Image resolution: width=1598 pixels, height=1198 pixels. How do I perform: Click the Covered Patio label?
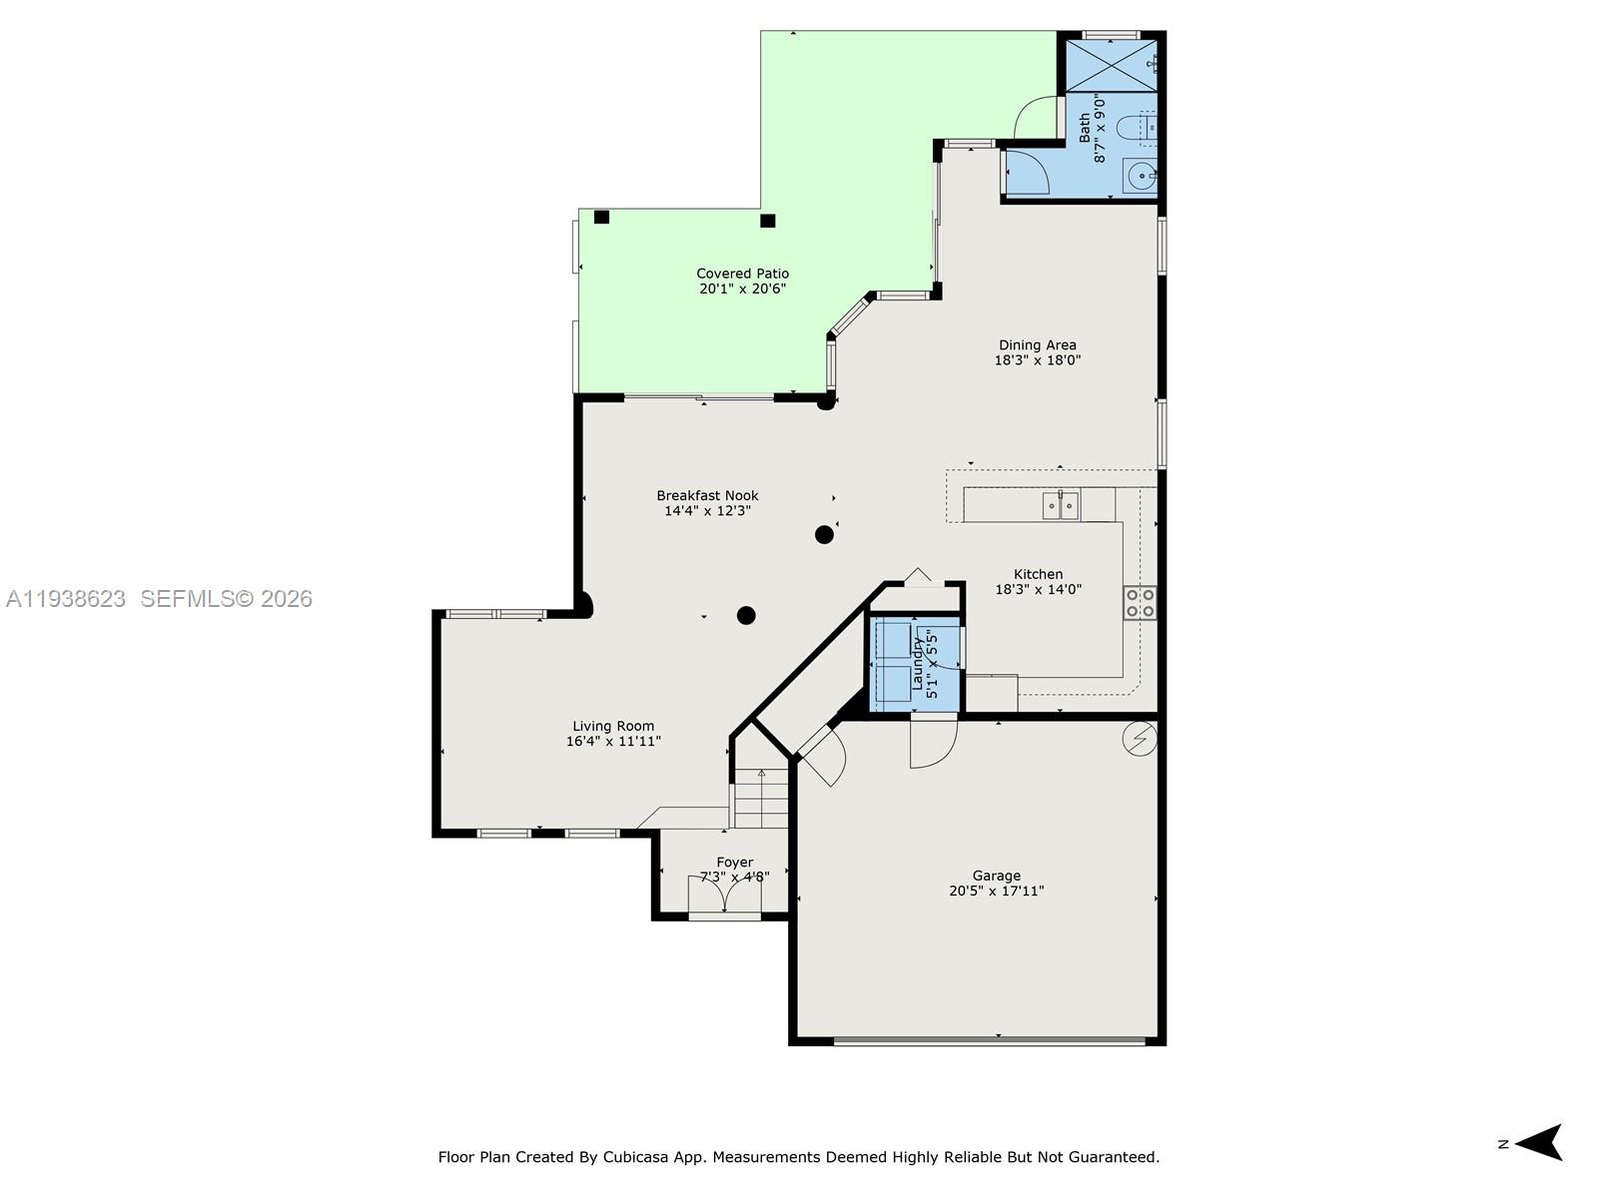coord(742,274)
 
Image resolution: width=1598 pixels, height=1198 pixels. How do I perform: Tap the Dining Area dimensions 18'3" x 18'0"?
coord(1037,360)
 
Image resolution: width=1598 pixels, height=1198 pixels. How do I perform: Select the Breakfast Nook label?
coord(707,495)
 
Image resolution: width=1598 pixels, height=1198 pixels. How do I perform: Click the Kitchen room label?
coord(1038,574)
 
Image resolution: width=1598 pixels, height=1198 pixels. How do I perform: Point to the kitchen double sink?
coord(1061,506)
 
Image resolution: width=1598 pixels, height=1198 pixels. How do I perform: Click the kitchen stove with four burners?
coord(1140,603)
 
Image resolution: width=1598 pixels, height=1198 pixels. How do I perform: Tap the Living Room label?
coord(613,726)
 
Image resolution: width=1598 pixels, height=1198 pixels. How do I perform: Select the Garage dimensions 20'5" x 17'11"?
coord(996,891)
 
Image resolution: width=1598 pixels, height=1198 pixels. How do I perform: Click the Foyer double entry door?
coord(725,895)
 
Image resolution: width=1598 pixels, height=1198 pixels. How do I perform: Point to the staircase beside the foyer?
coord(761,799)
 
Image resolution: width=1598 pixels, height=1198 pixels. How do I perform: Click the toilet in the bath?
coord(1136,128)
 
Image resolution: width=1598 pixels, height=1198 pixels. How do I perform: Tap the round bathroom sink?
coord(1139,177)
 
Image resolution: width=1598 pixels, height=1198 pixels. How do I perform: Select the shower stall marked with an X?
coord(1111,65)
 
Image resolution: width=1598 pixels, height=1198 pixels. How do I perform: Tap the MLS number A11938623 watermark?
coord(66,599)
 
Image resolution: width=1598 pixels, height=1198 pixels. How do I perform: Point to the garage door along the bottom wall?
coord(989,1041)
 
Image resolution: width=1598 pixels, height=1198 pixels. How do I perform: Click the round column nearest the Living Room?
coord(746,615)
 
